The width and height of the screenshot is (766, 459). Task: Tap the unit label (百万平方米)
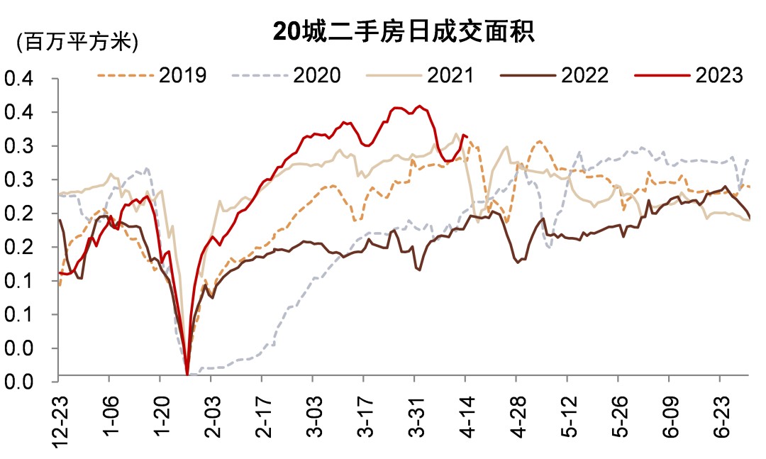click(77, 42)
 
